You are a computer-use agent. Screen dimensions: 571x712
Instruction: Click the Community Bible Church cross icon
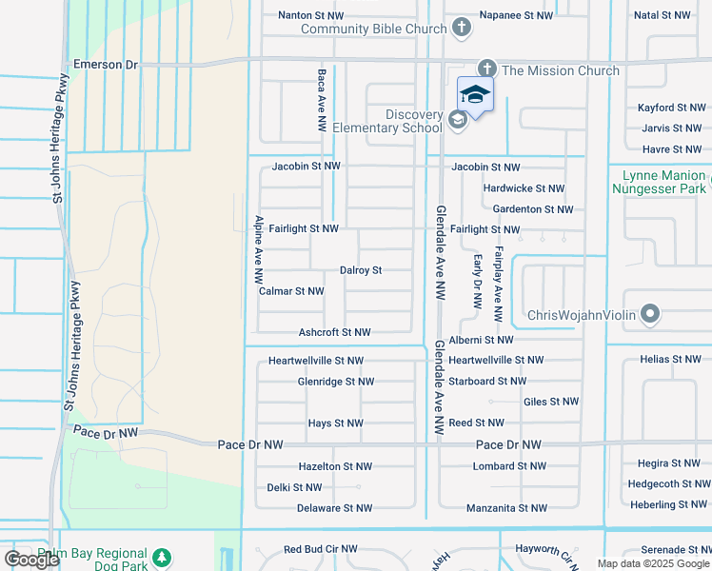click(x=462, y=28)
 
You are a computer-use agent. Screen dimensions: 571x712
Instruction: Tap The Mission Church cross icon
click(x=487, y=69)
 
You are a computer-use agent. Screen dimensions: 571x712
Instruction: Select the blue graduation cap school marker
click(x=475, y=93)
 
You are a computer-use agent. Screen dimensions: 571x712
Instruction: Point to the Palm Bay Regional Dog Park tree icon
click(x=162, y=557)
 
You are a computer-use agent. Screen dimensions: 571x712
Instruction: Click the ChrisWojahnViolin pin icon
click(x=650, y=313)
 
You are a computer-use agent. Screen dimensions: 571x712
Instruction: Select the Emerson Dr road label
click(x=106, y=65)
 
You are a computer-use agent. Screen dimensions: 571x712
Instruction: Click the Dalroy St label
click(x=361, y=270)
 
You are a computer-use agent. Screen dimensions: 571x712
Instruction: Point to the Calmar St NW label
click(x=291, y=291)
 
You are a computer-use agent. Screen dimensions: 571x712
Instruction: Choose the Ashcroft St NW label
click(x=334, y=332)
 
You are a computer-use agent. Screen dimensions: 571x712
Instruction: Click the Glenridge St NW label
click(x=335, y=382)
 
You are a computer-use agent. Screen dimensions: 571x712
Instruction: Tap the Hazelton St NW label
click(x=335, y=466)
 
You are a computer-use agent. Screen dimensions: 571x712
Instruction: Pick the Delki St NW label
click(x=294, y=487)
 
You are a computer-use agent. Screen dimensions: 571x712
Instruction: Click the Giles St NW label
click(x=551, y=403)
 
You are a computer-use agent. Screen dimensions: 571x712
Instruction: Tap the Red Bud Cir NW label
click(x=321, y=550)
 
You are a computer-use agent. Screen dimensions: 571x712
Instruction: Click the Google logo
click(x=31, y=560)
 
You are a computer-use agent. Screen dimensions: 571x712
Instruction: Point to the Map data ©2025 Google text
click(x=652, y=563)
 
